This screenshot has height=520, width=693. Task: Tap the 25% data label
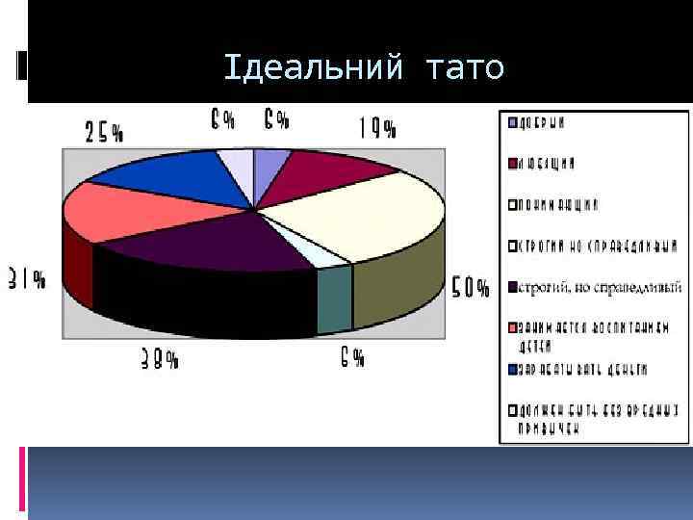(x=105, y=132)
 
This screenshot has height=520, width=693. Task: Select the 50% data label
(x=471, y=288)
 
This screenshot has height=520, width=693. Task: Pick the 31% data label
(x=26, y=279)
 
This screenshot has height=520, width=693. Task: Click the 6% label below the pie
(x=351, y=358)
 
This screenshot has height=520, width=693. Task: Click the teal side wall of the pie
(x=334, y=299)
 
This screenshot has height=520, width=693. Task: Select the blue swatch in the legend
(x=513, y=368)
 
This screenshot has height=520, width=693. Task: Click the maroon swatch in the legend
(x=513, y=163)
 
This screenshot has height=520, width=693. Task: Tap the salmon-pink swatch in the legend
(x=513, y=326)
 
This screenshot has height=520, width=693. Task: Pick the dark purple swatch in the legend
(x=513, y=286)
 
